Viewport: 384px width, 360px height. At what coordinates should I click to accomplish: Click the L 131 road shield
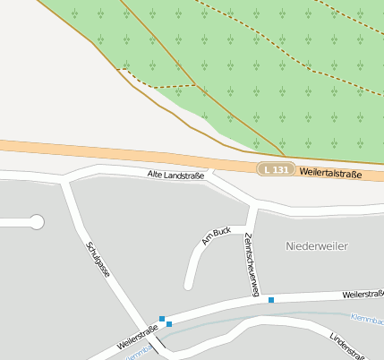(277, 169)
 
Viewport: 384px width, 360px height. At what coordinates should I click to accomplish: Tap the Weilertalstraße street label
(331, 173)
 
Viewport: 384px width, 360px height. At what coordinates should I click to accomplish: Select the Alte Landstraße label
(175, 176)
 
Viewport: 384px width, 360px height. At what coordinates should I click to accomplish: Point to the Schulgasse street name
(98, 258)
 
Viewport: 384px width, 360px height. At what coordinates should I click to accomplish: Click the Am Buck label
(217, 236)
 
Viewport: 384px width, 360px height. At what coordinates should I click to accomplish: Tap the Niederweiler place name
(316, 245)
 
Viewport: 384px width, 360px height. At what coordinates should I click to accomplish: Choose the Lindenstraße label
(348, 346)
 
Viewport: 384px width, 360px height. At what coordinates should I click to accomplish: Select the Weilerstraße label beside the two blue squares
(137, 338)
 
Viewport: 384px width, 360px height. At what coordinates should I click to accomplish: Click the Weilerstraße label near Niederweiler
(363, 294)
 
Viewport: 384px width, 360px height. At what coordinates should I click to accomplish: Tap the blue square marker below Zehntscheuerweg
(271, 300)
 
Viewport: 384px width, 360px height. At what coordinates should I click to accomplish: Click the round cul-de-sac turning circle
(37, 221)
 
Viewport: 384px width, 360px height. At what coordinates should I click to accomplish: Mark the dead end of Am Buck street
(189, 286)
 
